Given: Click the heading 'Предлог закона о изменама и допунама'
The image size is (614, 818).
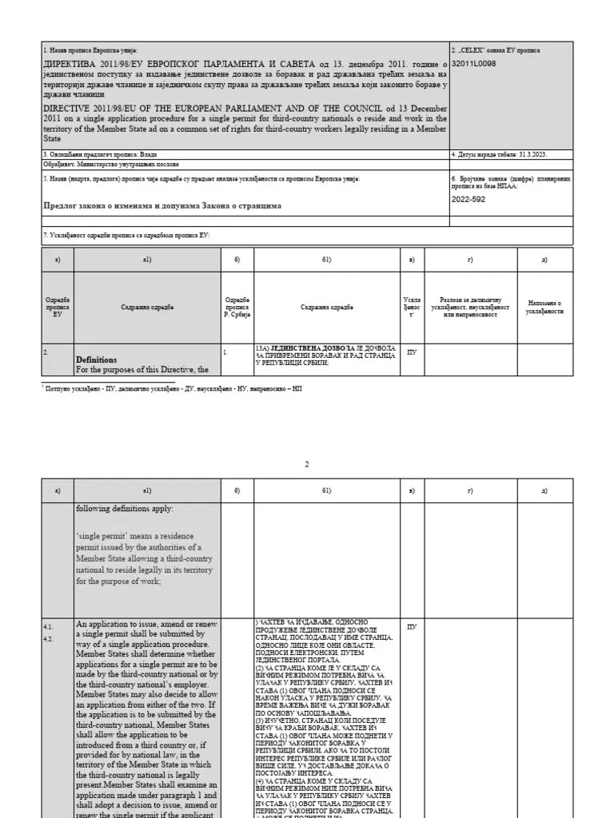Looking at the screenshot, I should click(161, 205).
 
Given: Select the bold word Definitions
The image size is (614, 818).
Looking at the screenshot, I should click(96, 359).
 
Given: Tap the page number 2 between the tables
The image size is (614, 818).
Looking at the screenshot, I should click(306, 464).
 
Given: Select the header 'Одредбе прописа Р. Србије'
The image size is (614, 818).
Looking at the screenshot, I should click(237, 308).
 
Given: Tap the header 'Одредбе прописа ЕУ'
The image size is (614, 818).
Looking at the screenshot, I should click(57, 308).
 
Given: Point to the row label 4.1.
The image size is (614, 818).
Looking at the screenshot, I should click(49, 628).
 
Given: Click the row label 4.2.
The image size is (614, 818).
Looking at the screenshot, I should click(49, 638).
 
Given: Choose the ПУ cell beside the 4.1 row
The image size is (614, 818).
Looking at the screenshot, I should click(412, 628).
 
